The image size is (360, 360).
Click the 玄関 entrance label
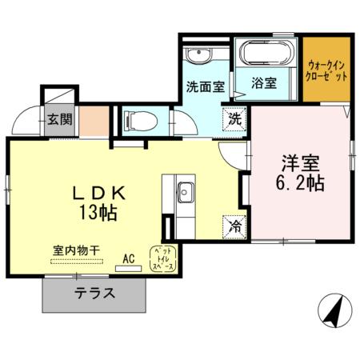pyautogui.click(x=58, y=121)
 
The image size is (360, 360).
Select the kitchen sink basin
pyautogui.click(x=186, y=192)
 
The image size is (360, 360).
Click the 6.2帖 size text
pyautogui.click(x=299, y=183)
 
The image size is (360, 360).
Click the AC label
pyautogui.click(x=128, y=258)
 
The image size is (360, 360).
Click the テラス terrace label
pyautogui.click(x=94, y=293)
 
